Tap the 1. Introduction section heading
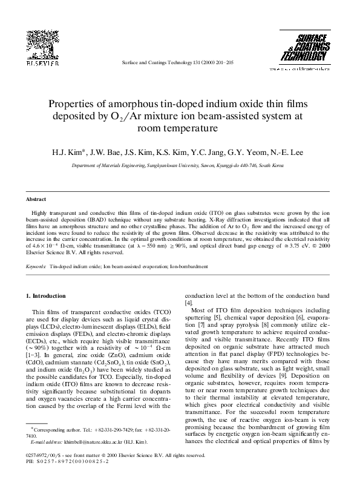pos(48,296)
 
